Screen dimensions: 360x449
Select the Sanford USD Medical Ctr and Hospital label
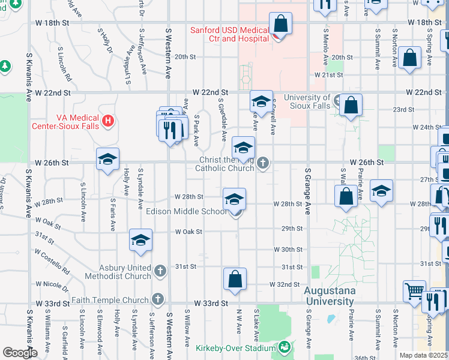(x=229, y=34)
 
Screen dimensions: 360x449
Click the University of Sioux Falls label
(x=307, y=102)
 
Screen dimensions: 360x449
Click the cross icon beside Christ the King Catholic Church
(x=262, y=163)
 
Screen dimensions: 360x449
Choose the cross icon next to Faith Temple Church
(x=157, y=299)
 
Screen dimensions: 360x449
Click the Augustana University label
(x=330, y=296)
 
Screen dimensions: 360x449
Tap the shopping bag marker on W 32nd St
(x=235, y=280)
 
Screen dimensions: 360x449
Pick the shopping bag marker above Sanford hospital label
(x=280, y=25)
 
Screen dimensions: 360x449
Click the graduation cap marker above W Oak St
(x=140, y=241)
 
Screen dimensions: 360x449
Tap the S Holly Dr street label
(x=104, y=43)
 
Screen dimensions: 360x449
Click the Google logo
(x=19, y=353)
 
